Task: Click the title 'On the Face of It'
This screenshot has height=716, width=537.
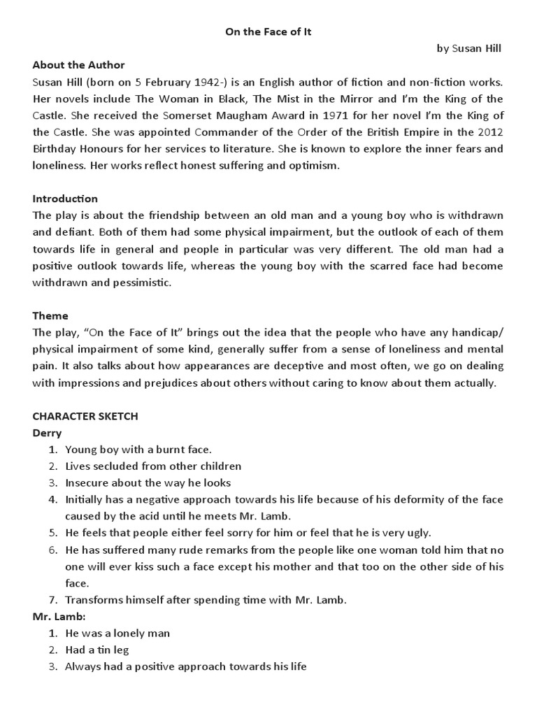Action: (268, 31)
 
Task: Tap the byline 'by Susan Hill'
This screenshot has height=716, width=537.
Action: (469, 48)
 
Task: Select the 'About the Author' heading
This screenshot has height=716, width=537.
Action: (78, 65)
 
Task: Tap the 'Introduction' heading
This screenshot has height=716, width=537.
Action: (65, 199)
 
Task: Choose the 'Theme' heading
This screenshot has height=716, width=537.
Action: (50, 316)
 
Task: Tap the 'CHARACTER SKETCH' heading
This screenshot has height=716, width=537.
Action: (85, 416)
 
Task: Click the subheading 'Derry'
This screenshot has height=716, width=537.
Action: (47, 433)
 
